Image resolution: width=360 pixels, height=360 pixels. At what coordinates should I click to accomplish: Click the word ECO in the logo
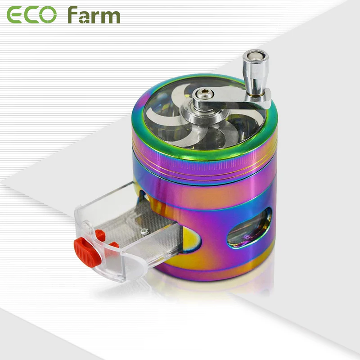pyautogui.click(x=31, y=15)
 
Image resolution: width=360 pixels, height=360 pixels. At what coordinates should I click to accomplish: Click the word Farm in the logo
pyautogui.click(x=94, y=15)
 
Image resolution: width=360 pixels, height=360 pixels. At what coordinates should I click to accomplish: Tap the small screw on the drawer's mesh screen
pyautogui.click(x=144, y=231)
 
